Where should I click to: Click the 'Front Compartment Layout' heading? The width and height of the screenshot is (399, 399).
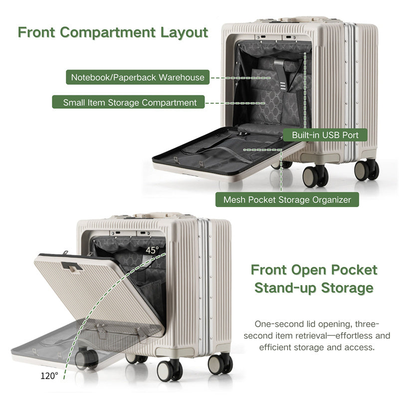[x=113, y=33]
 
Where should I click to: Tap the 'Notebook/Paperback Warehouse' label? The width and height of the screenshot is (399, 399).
[x=138, y=77]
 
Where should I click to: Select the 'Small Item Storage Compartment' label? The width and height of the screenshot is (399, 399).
[x=128, y=102]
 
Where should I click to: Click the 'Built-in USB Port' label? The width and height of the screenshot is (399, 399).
[x=325, y=135]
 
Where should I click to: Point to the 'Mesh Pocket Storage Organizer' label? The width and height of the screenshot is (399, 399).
[x=287, y=199]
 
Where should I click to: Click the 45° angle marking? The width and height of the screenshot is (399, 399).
[x=152, y=250]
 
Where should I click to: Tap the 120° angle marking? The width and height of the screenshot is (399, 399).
[x=49, y=376]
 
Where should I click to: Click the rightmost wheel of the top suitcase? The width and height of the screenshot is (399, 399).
[x=367, y=170]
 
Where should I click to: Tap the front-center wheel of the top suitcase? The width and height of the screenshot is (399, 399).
[x=315, y=177]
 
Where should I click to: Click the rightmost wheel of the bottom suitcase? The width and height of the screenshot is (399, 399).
[x=220, y=364]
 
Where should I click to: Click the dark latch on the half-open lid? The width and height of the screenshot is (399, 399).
[x=72, y=266]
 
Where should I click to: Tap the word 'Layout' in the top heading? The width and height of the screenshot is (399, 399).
[x=184, y=33]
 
